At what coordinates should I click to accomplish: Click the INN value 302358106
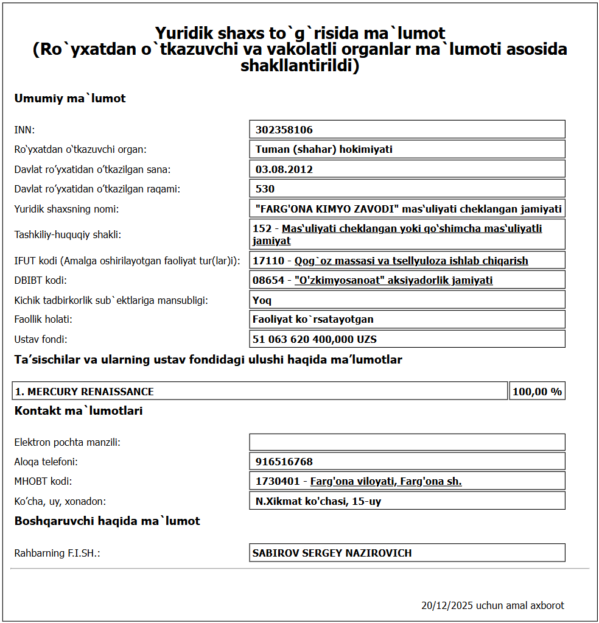pyautogui.click(x=284, y=130)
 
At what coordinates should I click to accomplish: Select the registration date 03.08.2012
pyautogui.click(x=284, y=169)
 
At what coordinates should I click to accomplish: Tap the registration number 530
pyautogui.click(x=265, y=189)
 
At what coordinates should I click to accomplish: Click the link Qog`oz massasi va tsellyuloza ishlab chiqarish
pyautogui.click(x=411, y=261)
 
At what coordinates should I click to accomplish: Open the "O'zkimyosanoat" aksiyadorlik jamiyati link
pyautogui.click(x=393, y=280)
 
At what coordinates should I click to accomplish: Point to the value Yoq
pyautogui.click(x=262, y=300)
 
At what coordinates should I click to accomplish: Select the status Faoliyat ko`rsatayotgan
pyautogui.click(x=313, y=319)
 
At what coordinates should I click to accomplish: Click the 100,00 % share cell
pyautogui.click(x=537, y=392)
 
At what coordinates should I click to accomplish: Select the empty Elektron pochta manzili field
pyautogui.click(x=407, y=442)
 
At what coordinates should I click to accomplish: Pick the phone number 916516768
pyautogui.click(x=284, y=462)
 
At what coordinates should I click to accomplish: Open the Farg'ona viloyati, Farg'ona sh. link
pyautogui.click(x=386, y=481)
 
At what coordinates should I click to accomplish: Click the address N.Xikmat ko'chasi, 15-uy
pyautogui.click(x=318, y=501)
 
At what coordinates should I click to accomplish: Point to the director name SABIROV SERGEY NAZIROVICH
pyautogui.click(x=332, y=553)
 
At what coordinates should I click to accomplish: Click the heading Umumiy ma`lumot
pyautogui.click(x=70, y=98)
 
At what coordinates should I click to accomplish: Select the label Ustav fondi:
pyautogui.click(x=41, y=339)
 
